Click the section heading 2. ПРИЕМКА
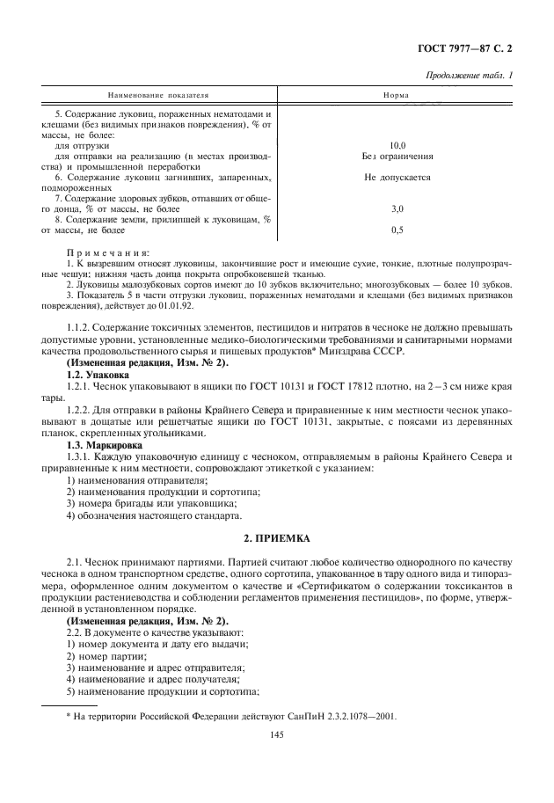(x=277, y=536)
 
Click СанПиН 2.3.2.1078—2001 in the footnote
(x=344, y=716)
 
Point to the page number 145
(x=277, y=740)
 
